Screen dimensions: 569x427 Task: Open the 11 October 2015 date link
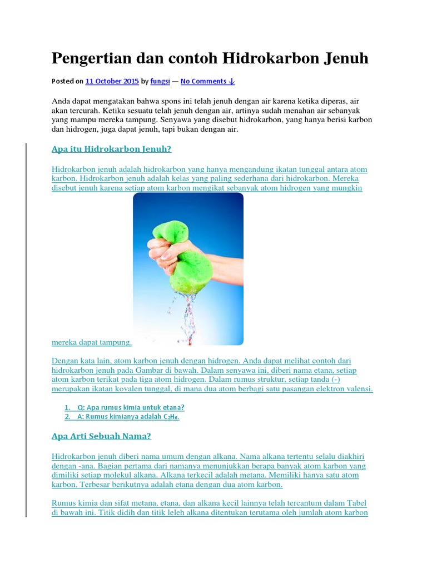coord(112,81)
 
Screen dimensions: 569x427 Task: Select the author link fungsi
coord(160,81)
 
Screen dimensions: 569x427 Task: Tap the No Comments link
coord(208,81)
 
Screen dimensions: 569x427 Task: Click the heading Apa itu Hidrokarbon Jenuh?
coord(112,149)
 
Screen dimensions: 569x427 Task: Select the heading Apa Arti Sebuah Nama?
coord(101,436)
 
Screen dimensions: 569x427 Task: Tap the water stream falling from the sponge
coord(189,317)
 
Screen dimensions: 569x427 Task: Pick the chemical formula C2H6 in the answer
coord(171,417)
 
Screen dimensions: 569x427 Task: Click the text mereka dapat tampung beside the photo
coord(92,342)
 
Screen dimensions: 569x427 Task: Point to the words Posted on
coord(67,81)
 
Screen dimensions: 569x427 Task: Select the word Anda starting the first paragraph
coord(62,102)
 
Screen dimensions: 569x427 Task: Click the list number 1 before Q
coord(67,407)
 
